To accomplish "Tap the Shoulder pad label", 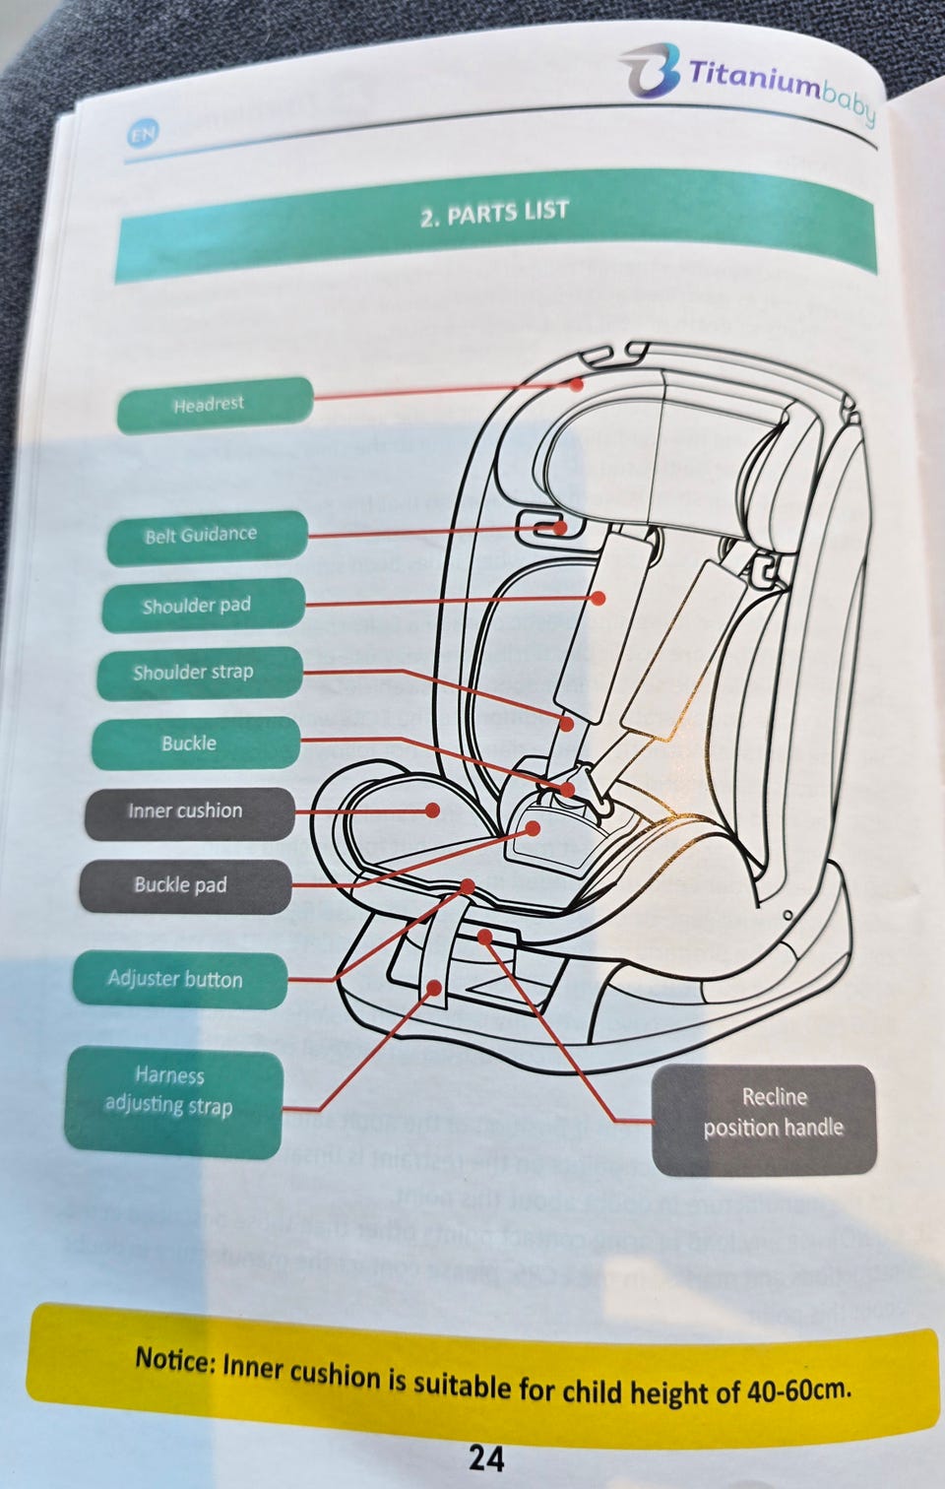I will tap(201, 606).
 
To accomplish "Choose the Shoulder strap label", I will tap(197, 674).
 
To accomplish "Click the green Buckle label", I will tap(193, 744).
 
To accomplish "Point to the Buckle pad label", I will tap(183, 885).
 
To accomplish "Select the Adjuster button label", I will tap(178, 979).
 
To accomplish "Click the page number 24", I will tap(486, 1457).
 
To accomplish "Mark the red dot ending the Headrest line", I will tap(576, 383).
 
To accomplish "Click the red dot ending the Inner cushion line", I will tap(432, 810).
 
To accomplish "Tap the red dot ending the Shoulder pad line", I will tap(598, 597).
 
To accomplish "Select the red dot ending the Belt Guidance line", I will tap(560, 528).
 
